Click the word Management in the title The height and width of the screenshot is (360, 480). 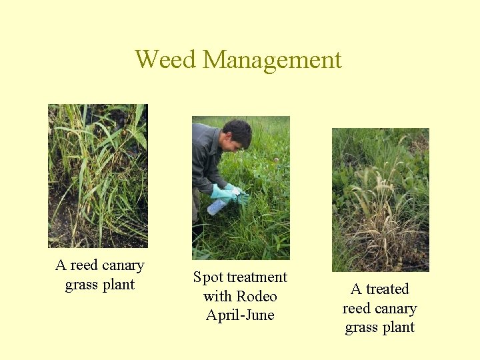(272, 61)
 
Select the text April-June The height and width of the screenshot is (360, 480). (240, 315)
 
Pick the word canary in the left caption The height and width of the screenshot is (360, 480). (122, 265)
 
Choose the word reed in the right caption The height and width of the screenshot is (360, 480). (356, 309)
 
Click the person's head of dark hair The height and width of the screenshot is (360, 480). (237, 133)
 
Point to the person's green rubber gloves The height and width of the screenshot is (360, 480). (226, 194)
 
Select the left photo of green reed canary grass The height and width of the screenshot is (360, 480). (98, 175)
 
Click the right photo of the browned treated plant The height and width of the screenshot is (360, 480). (380, 199)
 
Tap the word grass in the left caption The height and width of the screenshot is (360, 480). (81, 285)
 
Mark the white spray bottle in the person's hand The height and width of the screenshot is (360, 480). (217, 207)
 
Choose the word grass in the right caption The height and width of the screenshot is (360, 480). (361, 327)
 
